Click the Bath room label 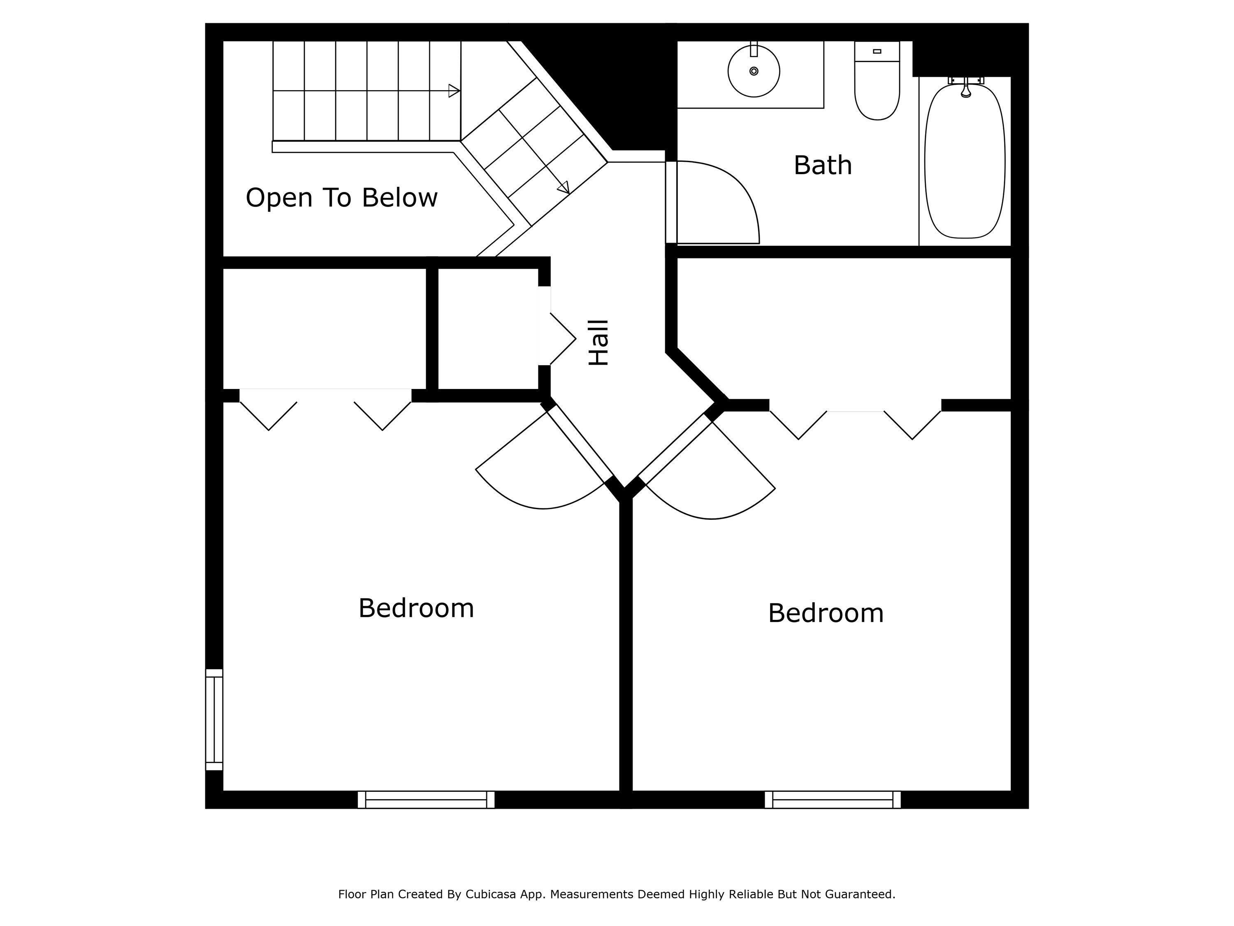(822, 165)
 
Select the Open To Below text (341, 198)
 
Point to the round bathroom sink (754, 72)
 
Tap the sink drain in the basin (754, 71)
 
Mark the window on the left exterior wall (214, 719)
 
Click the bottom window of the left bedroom (426, 799)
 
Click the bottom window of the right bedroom (833, 799)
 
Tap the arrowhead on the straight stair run (454, 91)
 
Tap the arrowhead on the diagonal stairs (564, 188)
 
